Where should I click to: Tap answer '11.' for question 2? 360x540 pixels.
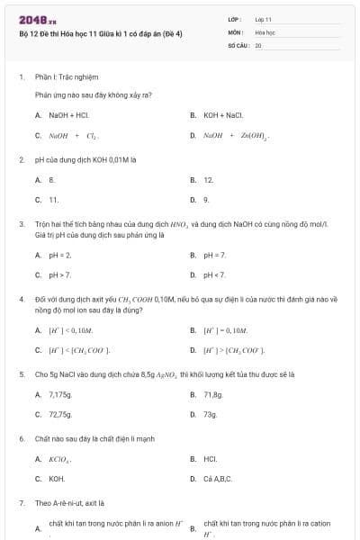click(x=54, y=199)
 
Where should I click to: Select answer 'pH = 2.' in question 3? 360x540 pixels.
click(x=60, y=256)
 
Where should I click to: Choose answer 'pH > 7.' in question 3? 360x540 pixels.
click(x=60, y=274)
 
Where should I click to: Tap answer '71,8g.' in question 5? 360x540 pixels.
click(x=212, y=394)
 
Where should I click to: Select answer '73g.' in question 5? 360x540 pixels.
click(x=211, y=414)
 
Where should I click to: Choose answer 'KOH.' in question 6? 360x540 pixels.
click(x=57, y=479)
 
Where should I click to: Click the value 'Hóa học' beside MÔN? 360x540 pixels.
click(x=265, y=31)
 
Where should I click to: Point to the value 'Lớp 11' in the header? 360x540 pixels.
click(x=263, y=19)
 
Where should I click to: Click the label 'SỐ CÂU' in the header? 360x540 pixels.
click(x=238, y=44)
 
